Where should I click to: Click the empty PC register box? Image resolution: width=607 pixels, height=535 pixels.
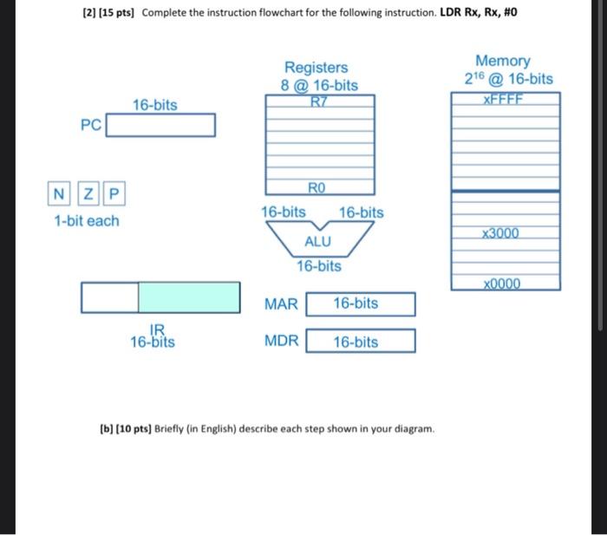pyautogui.click(x=160, y=126)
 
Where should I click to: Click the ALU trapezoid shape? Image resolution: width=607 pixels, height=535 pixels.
pyautogui.click(x=317, y=239)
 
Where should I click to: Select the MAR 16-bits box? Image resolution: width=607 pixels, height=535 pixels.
pyautogui.click(x=361, y=303)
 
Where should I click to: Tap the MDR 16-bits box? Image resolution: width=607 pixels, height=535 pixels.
pyautogui.click(x=361, y=342)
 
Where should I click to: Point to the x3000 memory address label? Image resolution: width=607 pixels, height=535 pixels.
pyautogui.click(x=504, y=234)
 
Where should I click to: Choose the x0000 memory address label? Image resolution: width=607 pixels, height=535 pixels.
pyautogui.click(x=504, y=284)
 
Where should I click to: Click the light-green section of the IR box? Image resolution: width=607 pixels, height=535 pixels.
pyautogui.click(x=189, y=297)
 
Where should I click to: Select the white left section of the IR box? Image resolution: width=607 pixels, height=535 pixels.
pyautogui.click(x=109, y=297)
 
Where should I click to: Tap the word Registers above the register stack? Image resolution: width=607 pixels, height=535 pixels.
pyautogui.click(x=316, y=68)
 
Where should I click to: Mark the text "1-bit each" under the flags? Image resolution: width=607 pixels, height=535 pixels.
pyautogui.click(x=87, y=221)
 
